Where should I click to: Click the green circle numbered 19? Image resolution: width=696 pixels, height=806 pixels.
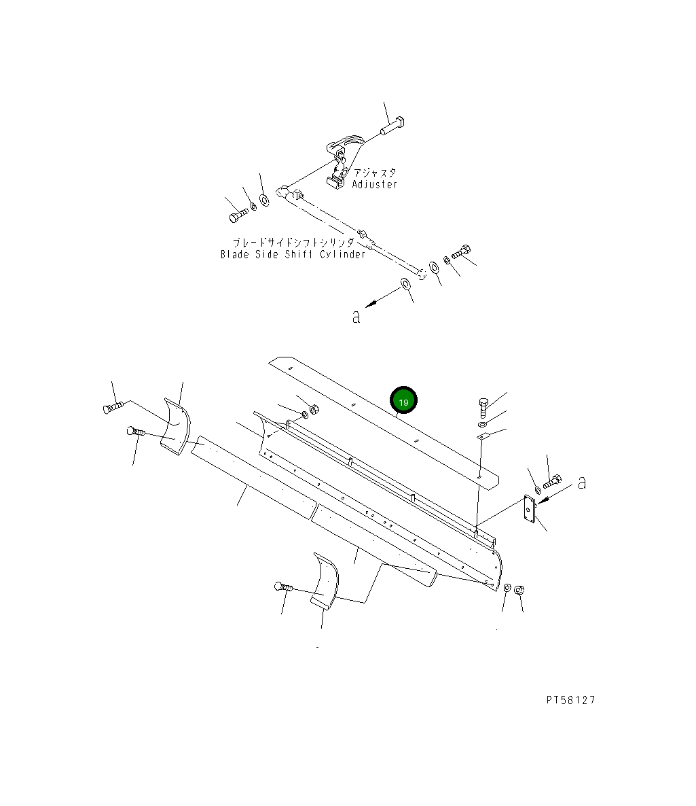pyautogui.click(x=403, y=402)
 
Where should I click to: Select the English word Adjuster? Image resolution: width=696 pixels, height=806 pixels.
pyautogui.click(x=374, y=184)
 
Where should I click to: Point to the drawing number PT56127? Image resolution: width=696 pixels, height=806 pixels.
pyautogui.click(x=570, y=701)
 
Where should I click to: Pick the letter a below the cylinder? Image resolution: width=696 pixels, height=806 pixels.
pyautogui.click(x=356, y=316)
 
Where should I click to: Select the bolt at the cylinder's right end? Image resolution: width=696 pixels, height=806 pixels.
pyautogui.click(x=461, y=252)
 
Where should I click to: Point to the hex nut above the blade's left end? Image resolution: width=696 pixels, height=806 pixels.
pyautogui.click(x=314, y=409)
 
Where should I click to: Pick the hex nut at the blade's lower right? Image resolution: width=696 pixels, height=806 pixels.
pyautogui.click(x=519, y=589)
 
